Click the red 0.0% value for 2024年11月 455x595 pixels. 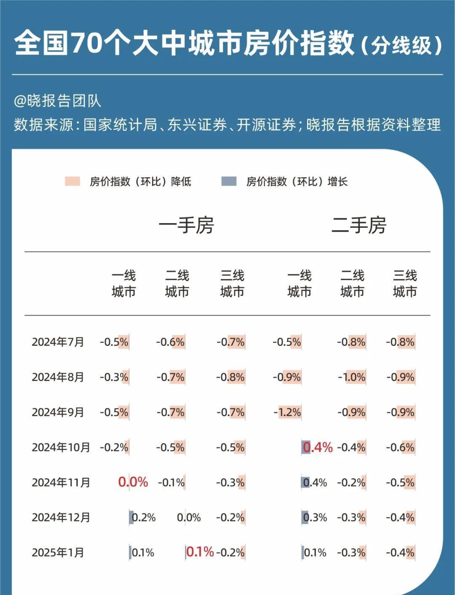pyautogui.click(x=133, y=482)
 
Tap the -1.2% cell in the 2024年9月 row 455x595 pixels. pyautogui.click(x=287, y=412)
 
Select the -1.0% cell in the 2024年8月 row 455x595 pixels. pyautogui.click(x=352, y=377)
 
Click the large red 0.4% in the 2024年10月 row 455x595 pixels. pyautogui.click(x=318, y=447)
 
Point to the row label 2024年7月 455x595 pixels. pyautogui.click(x=58, y=342)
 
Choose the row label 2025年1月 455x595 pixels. pyautogui.click(x=58, y=552)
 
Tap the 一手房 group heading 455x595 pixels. pyautogui.click(x=186, y=225)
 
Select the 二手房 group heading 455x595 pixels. pyautogui.click(x=359, y=225)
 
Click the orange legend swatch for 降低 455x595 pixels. pyautogui.click(x=72, y=181)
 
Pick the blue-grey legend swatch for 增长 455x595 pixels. pyautogui.click(x=229, y=181)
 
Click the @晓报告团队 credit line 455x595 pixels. pyautogui.click(x=57, y=101)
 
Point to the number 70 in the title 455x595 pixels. pyautogui.click(x=87, y=43)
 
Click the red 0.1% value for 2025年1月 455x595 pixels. pyautogui.click(x=200, y=552)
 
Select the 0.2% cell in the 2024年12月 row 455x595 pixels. pyautogui.click(x=143, y=518)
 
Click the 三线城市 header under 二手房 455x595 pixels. pyautogui.click(x=405, y=283)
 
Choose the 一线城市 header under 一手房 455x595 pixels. pyautogui.click(x=123, y=283)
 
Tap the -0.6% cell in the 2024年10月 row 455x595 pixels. pyautogui.click(x=400, y=447)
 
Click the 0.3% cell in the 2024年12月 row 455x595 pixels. pyautogui.click(x=315, y=518)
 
